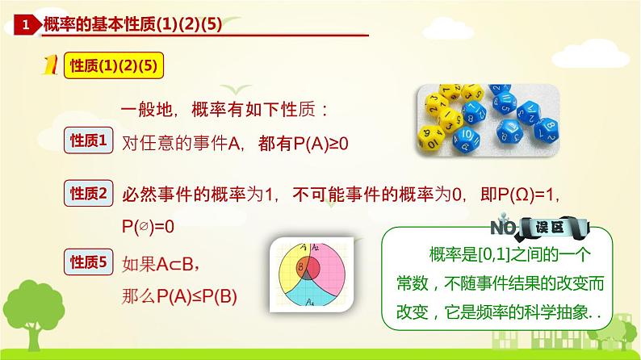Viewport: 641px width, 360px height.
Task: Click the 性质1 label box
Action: pos(88,140)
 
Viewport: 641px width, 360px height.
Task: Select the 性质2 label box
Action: pos(88,193)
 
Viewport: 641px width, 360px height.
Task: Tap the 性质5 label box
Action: pos(88,262)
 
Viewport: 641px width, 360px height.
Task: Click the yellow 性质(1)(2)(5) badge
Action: pos(114,65)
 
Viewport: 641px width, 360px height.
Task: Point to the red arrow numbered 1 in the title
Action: pos(27,25)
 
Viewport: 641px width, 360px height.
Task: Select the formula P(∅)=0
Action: pos(148,226)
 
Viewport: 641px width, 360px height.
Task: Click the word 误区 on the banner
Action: pos(550,227)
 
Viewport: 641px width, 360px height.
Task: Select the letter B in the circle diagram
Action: pos(301,268)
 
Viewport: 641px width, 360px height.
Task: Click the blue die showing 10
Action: pos(467,138)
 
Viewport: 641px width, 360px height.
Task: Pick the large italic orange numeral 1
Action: pos(50,65)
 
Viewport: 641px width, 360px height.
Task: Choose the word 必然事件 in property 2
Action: pos(157,195)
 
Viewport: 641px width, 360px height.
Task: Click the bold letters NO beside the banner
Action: pos(504,228)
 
